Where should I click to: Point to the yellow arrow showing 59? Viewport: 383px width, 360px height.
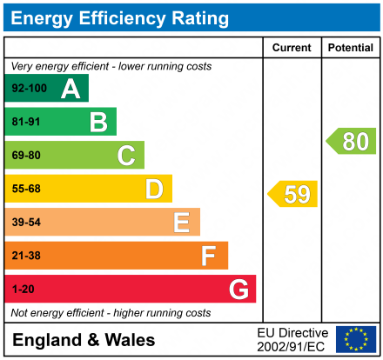pyautogui.click(x=293, y=194)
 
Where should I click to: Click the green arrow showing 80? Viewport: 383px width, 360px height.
pyautogui.click(x=352, y=141)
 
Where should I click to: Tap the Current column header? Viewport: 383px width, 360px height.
pyautogui.click(x=292, y=48)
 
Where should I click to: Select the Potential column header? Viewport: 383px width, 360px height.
pyautogui.click(x=350, y=48)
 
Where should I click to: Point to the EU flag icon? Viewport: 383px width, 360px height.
pyautogui.click(x=356, y=339)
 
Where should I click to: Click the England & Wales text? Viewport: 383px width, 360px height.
pyautogui.click(x=84, y=339)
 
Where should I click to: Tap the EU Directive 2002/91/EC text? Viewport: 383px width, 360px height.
pyautogui.click(x=292, y=339)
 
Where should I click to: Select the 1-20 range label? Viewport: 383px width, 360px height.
pyautogui.click(x=23, y=289)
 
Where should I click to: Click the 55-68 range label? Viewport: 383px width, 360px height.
pyautogui.click(x=25, y=189)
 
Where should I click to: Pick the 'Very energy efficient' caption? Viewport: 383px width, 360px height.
pyautogui.click(x=111, y=66)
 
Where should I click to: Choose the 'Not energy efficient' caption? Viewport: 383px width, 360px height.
pyautogui.click(x=111, y=312)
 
